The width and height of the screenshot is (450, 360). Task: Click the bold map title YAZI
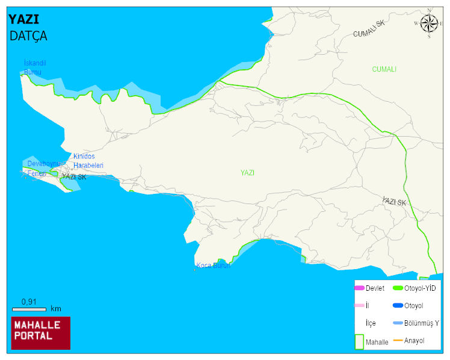pyautogui.click(x=23, y=19)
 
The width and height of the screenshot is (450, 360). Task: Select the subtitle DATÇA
pyautogui.click(x=28, y=36)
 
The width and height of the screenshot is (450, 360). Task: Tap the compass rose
pyautogui.click(x=429, y=23)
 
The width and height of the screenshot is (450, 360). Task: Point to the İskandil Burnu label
pyautogui.click(x=34, y=67)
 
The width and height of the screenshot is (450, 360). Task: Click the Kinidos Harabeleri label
pyautogui.click(x=88, y=161)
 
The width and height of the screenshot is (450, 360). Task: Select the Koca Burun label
pyautogui.click(x=213, y=265)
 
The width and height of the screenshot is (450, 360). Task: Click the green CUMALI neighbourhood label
pyautogui.click(x=384, y=69)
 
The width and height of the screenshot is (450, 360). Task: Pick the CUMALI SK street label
pyautogui.click(x=369, y=28)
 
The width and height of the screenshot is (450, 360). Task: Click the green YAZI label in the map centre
pyautogui.click(x=247, y=173)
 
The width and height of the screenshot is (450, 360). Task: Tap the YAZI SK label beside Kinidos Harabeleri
pyautogui.click(x=74, y=177)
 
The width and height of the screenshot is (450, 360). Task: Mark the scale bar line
pyautogui.click(x=29, y=309)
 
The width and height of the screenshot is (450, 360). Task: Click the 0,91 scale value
pyautogui.click(x=29, y=302)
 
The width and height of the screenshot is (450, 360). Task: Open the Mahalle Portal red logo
pyautogui.click(x=41, y=333)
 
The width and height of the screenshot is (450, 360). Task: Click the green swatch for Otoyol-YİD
pyautogui.click(x=398, y=288)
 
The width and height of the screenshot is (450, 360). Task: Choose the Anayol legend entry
pyautogui.click(x=414, y=341)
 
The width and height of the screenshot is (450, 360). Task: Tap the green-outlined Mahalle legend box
pyautogui.click(x=359, y=341)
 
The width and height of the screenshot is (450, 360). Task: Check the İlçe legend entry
pyautogui.click(x=371, y=323)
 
